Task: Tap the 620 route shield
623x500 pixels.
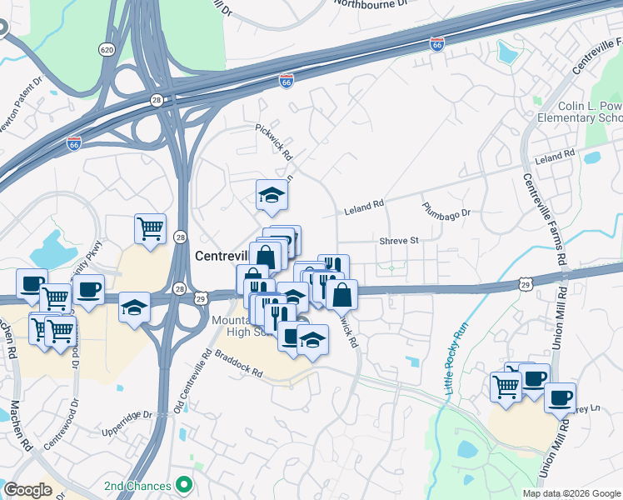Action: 107,50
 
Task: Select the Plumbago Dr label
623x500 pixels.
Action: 446,209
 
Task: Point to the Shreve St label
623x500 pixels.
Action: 398,240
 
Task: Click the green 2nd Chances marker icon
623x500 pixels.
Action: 184,485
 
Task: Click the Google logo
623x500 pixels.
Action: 27,490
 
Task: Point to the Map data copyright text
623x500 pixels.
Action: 570,493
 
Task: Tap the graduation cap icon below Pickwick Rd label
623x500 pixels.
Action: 272,196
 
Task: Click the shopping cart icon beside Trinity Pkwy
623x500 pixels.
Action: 150,228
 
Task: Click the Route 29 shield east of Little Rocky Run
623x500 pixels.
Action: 525,285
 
